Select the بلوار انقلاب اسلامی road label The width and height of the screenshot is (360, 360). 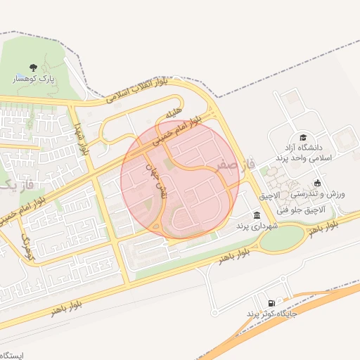[138, 92]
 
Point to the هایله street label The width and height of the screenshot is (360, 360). [174, 112]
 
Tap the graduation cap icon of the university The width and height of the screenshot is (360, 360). [303, 138]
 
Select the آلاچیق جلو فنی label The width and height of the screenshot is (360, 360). [299, 210]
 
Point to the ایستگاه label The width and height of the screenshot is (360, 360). [16, 355]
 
